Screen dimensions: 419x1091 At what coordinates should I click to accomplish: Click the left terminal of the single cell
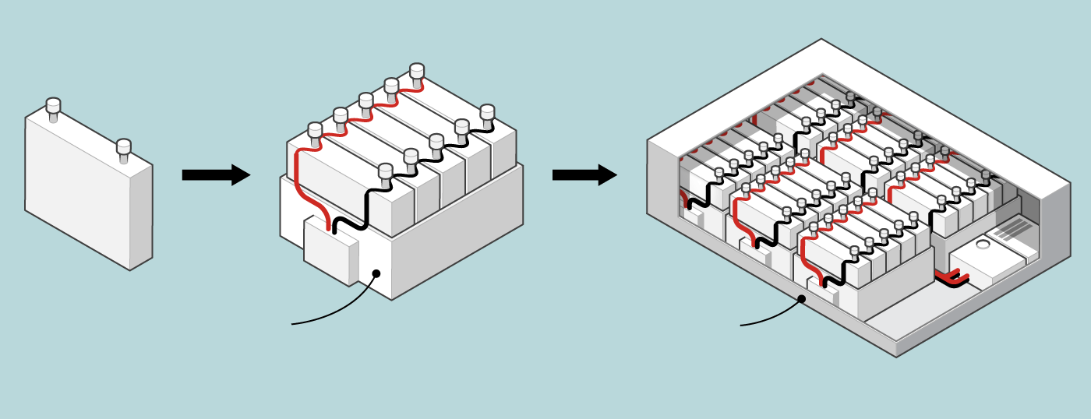pos(53,107)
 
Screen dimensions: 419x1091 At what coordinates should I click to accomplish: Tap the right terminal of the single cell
pos(123,148)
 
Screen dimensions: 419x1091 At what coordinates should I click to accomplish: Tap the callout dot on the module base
pos(376,273)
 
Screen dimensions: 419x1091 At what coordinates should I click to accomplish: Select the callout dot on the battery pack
pos(801,298)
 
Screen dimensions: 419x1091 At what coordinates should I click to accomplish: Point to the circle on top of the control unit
pos(983,245)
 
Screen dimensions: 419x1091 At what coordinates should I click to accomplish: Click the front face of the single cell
pos(78,195)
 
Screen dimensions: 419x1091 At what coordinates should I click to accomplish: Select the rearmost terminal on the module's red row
pos(417,72)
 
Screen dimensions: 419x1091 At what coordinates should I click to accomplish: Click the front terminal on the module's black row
pos(385,171)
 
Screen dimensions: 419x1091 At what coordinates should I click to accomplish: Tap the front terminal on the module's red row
pos(315,130)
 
